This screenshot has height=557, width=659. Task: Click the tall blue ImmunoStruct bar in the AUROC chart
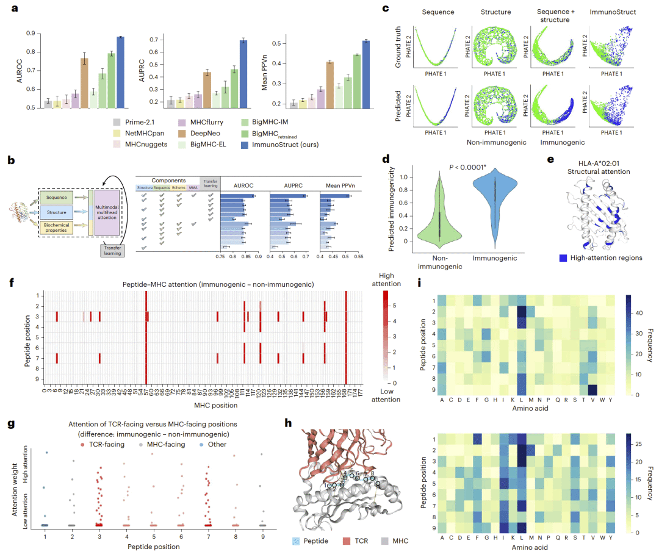120,72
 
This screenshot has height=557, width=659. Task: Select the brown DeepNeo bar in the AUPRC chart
207,90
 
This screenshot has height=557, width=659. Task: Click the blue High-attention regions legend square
564,258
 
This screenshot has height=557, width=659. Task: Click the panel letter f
12,283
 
